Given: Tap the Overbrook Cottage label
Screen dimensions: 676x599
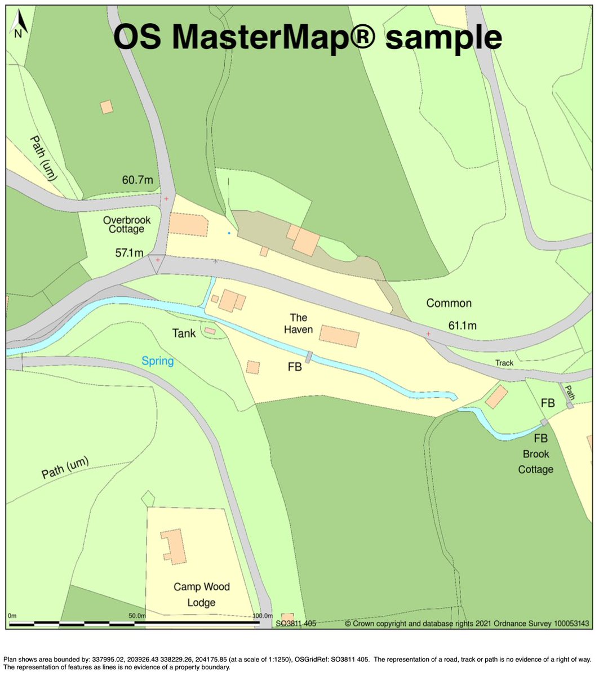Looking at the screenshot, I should click(123, 224).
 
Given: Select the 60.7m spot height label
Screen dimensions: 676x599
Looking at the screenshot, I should click(137, 181).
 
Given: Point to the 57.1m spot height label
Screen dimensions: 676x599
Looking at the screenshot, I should click(130, 253).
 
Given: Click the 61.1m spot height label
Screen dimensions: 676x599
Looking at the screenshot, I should click(462, 325).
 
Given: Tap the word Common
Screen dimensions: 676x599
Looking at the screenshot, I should click(449, 303).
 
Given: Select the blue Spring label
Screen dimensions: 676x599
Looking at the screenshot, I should click(157, 361).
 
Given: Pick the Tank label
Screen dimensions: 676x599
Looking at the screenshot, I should click(184, 333).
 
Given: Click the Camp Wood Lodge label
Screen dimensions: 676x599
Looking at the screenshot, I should click(201, 595).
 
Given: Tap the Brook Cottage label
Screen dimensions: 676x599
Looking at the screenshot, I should click(535, 461).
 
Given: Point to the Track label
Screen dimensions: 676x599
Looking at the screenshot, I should click(504, 363).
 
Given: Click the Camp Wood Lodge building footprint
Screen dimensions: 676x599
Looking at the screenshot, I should click(175, 546).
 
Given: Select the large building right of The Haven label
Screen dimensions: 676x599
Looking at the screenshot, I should click(339, 336).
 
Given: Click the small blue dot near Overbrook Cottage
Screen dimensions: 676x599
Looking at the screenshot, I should click(229, 233).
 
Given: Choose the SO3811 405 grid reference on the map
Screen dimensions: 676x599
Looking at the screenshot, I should click(295, 624).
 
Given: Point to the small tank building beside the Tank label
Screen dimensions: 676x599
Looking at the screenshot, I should click(210, 331).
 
